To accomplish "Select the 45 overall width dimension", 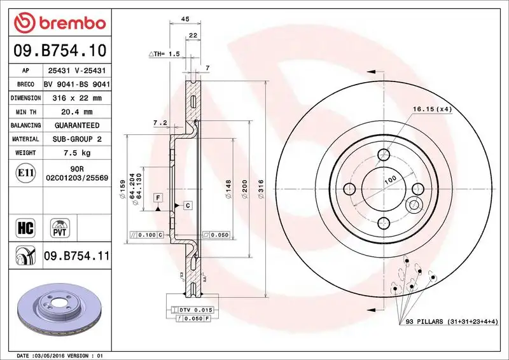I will pos(185,20).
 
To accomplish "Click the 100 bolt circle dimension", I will pos(390,180).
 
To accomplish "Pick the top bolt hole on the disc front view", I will pos(382,155).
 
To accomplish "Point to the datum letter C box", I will pos(188,205).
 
